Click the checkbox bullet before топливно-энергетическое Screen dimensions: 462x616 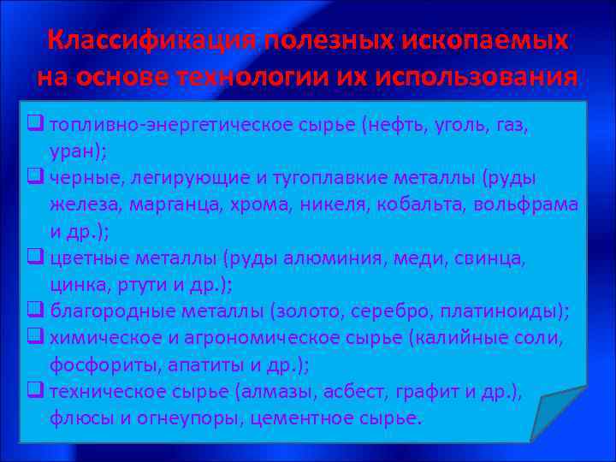click(36, 125)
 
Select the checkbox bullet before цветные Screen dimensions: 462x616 click(36, 257)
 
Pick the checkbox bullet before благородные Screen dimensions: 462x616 click(36, 311)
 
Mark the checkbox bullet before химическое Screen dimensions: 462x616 click(36, 337)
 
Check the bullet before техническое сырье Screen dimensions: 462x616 click(36, 391)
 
